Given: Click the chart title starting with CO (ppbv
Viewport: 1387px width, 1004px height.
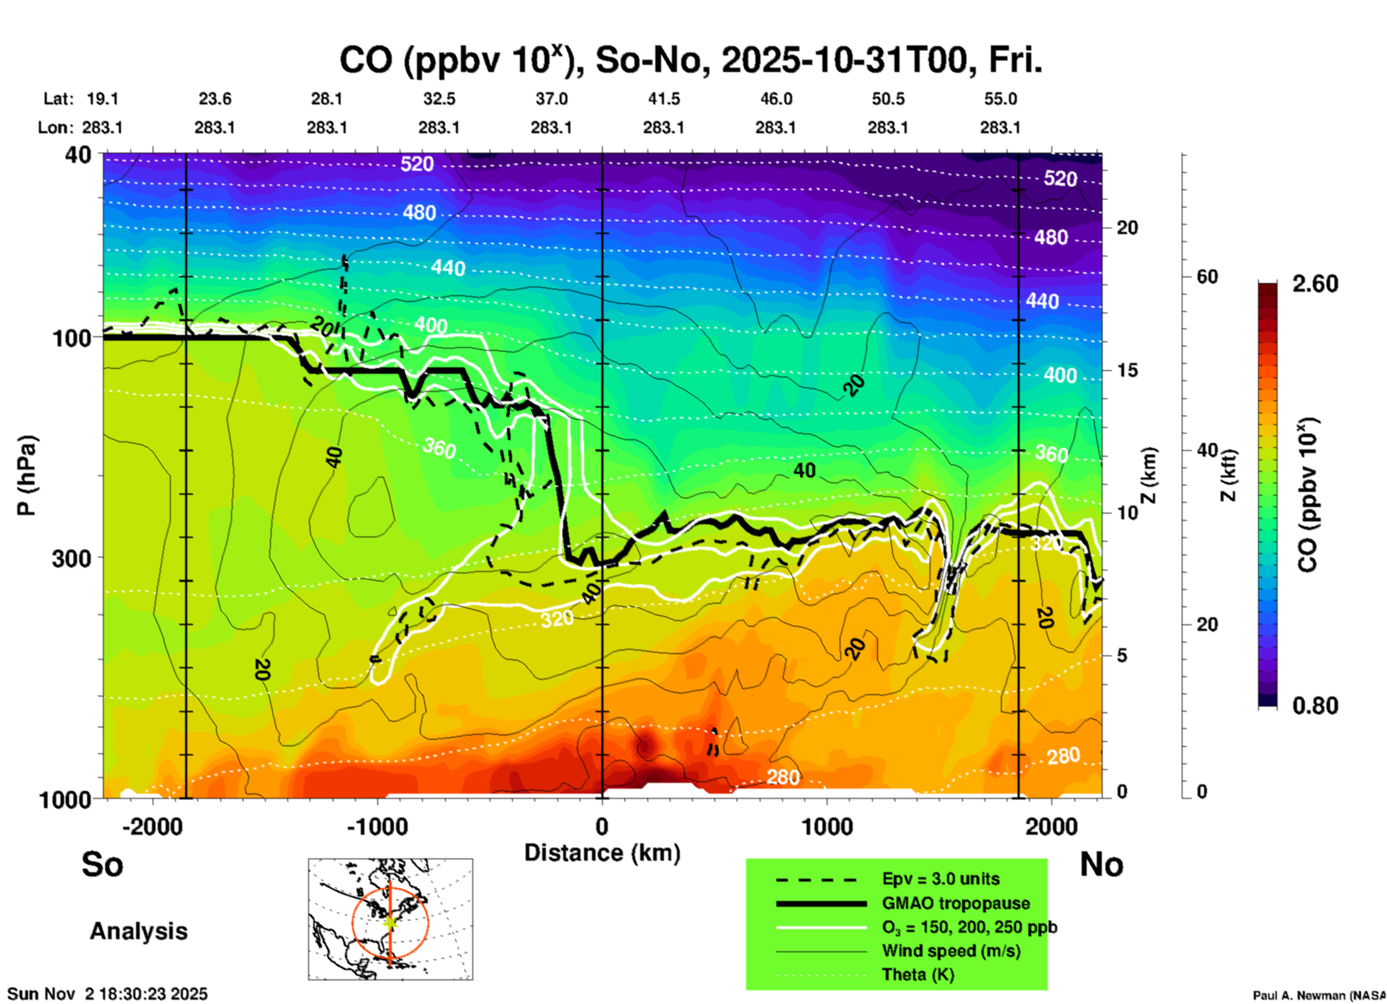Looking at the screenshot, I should tap(690, 60).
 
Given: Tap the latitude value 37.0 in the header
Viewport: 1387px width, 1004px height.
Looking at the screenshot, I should tap(551, 99).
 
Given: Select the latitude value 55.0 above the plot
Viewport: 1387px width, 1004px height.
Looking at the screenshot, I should tap(1000, 99).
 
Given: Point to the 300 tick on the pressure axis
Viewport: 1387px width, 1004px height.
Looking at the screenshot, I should tap(71, 558).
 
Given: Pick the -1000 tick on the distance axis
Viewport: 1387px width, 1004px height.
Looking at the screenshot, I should tap(377, 827).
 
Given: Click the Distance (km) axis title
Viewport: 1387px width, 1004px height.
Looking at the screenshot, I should tap(602, 853).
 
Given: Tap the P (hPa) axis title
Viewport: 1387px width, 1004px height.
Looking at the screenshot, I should tap(27, 475).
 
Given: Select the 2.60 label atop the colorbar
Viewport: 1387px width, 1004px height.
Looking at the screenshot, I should tap(1315, 284).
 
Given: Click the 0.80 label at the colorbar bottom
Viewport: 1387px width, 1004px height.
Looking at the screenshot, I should tap(1315, 706).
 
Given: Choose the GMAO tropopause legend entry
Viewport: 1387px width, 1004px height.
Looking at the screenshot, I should tap(956, 903).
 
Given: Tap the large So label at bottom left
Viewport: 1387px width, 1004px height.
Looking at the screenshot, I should tap(102, 864).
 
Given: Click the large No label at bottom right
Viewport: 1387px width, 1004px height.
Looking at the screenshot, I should tap(1101, 864).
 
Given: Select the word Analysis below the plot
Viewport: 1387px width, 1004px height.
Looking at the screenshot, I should tap(138, 931).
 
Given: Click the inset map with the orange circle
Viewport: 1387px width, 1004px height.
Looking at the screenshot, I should tap(390, 919).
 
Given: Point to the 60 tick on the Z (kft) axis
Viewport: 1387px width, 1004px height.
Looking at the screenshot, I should tap(1207, 277).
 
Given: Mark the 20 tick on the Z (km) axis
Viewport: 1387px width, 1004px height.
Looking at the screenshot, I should tap(1127, 228).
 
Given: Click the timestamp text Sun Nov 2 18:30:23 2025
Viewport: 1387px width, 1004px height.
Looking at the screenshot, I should tap(107, 994).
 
